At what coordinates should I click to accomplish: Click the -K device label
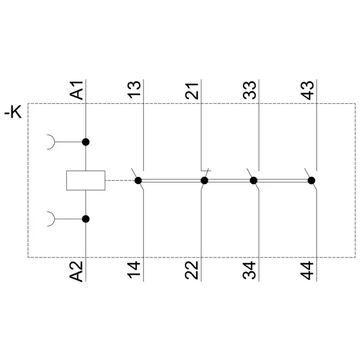coord(13,112)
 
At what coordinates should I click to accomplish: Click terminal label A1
coord(76,90)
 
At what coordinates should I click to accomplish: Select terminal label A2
coord(76,271)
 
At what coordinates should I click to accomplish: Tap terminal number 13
coord(134,90)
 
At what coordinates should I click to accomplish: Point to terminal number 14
coord(134,270)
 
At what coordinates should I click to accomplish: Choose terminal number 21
coord(192,91)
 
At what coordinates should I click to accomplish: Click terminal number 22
coord(192,270)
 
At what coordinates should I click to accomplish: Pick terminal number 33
coord(249,90)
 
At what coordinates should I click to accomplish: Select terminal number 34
coord(249,270)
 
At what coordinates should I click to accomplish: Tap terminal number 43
coord(307,90)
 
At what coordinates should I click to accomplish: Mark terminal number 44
coord(307,271)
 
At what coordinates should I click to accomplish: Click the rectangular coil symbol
coord(86,180)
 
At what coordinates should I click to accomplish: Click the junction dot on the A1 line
coord(86,142)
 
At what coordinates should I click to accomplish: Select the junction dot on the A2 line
coord(86,219)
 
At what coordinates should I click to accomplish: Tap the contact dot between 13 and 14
coord(138,181)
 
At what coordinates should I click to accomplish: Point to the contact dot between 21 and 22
coord(204,181)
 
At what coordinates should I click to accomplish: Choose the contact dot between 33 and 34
coord(253,181)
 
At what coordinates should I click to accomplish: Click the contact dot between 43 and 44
coord(311,181)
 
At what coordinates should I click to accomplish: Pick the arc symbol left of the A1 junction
coord(54,142)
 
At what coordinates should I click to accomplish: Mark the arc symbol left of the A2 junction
coord(54,219)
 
